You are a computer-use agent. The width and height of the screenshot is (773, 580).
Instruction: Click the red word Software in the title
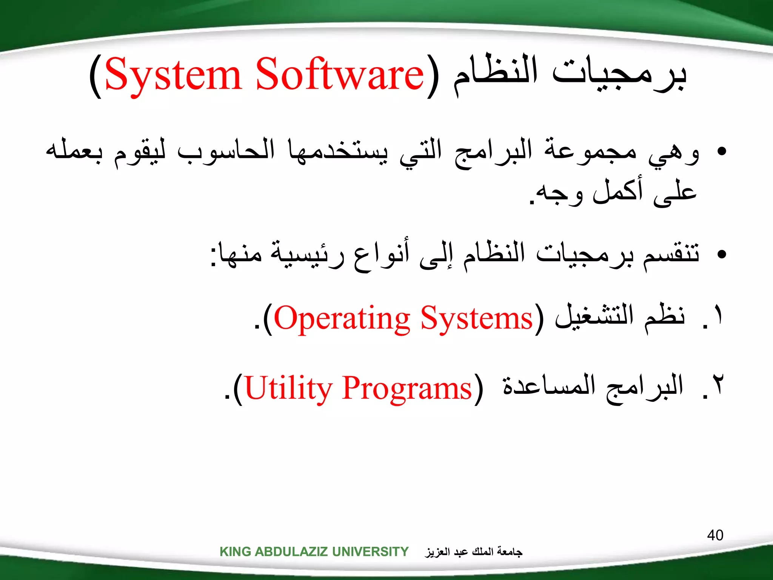click(340, 75)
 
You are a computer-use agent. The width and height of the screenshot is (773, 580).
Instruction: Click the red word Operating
click(342, 319)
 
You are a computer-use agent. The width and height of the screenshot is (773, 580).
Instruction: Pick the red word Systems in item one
click(476, 319)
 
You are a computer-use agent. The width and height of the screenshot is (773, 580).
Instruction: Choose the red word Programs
click(407, 389)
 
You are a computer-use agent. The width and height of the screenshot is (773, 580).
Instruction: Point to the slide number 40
click(715, 535)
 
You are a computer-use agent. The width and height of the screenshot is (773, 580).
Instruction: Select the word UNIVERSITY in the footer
click(370, 552)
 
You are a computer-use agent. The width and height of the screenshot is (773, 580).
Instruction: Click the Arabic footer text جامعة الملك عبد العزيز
click(474, 552)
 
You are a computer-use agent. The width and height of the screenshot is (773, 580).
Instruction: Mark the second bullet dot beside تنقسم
click(721, 254)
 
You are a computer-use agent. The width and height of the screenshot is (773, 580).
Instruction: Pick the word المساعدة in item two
click(549, 386)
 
